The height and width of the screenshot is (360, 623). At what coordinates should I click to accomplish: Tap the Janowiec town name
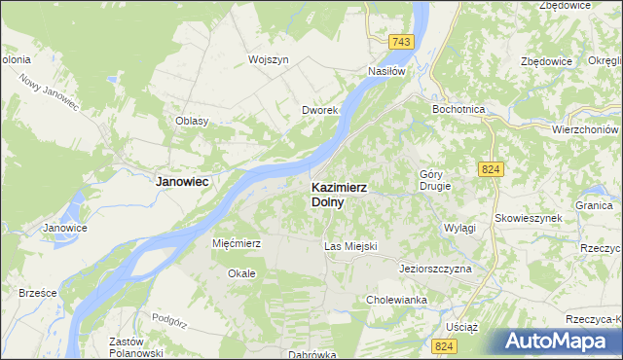184,181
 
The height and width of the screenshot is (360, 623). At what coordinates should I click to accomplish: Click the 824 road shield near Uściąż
446,347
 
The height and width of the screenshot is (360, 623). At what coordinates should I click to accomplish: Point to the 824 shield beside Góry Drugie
491,169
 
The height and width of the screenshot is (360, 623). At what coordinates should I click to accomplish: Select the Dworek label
318,111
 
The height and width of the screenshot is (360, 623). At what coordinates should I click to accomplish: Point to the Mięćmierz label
236,243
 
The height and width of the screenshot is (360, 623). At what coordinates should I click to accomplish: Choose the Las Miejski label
349,247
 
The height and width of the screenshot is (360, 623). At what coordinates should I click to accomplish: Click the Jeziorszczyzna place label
435,268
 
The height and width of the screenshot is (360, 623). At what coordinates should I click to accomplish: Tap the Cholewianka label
397,301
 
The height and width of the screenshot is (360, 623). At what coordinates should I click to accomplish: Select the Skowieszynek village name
529,218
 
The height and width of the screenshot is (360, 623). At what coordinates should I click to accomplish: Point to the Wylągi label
458,227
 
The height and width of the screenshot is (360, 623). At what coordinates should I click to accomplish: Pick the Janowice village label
65,228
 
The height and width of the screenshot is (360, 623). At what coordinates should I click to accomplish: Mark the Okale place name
241,273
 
